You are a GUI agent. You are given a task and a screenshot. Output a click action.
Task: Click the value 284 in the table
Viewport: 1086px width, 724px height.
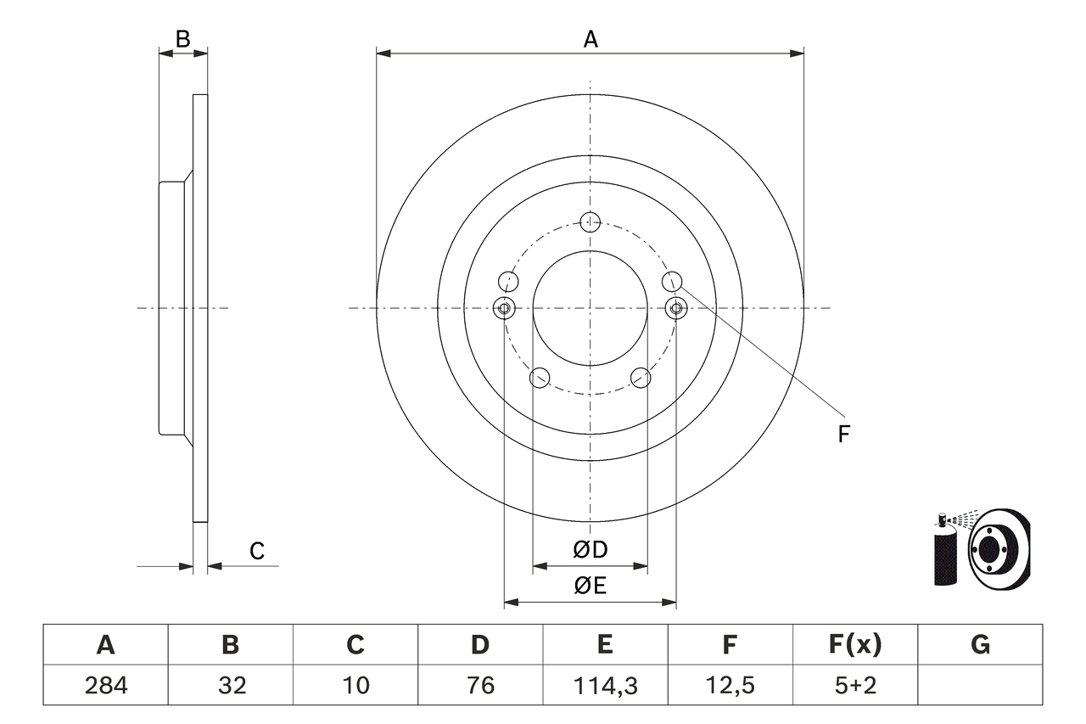(x=105, y=685)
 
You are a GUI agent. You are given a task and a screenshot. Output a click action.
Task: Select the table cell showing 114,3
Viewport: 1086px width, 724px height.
(x=605, y=685)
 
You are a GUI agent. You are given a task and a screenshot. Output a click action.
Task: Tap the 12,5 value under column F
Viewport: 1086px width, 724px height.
(x=729, y=685)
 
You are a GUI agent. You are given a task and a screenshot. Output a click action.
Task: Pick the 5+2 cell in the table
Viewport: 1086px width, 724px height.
(x=854, y=685)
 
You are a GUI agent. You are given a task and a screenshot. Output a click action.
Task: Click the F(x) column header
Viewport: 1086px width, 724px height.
(x=854, y=645)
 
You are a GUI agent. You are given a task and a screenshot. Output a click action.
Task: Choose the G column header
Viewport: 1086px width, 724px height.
(x=980, y=645)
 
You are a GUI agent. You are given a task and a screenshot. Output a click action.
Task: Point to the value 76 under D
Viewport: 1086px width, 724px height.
(x=480, y=685)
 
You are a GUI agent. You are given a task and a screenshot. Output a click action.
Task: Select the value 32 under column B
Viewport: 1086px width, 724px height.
(x=231, y=685)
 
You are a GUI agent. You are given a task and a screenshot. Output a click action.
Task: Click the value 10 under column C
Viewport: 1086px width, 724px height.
(x=355, y=685)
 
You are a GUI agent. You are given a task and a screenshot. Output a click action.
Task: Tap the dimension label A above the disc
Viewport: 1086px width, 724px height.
(x=591, y=39)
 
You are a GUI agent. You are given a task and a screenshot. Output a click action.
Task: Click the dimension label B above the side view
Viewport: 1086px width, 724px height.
(x=182, y=38)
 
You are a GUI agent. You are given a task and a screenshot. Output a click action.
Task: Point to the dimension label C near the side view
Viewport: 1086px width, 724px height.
(x=257, y=552)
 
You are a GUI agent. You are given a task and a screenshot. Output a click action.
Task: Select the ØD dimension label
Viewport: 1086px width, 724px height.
(x=591, y=550)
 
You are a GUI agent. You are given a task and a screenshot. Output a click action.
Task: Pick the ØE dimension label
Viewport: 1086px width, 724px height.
(x=591, y=586)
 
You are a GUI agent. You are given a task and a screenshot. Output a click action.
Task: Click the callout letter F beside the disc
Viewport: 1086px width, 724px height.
(x=843, y=435)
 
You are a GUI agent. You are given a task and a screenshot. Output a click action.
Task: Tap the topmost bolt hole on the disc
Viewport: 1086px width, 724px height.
(x=591, y=222)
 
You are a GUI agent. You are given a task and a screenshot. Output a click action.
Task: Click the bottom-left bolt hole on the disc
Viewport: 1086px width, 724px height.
(x=540, y=378)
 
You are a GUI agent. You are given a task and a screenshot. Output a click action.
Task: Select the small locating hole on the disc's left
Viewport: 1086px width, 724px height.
(x=504, y=307)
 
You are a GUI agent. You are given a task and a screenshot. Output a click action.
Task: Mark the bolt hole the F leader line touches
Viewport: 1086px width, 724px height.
(x=672, y=280)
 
